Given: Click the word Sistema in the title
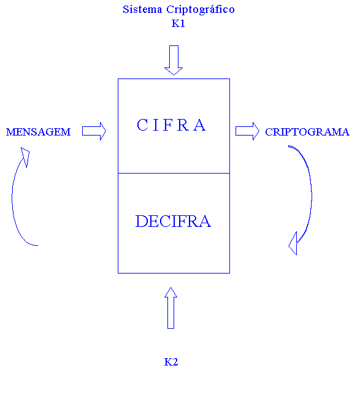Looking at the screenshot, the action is (x=142, y=10).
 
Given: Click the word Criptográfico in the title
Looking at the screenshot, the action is (x=201, y=10).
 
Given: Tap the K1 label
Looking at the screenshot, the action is (x=178, y=23).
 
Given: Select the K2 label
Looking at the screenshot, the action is (x=171, y=362).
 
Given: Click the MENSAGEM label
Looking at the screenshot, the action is (x=39, y=132).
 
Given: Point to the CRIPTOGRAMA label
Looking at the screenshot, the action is (x=307, y=132).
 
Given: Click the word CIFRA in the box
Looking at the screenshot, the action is (x=171, y=125).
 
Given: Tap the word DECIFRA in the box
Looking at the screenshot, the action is (x=173, y=221).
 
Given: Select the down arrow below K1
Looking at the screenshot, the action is (x=174, y=60).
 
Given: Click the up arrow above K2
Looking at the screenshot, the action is (x=170, y=308).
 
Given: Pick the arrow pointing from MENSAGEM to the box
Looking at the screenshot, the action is (x=94, y=131).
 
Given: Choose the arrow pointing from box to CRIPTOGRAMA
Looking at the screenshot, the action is (x=247, y=131).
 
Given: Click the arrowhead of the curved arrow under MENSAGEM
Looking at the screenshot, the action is (x=25, y=156).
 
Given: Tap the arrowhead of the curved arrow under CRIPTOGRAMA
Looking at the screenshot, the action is (x=294, y=244).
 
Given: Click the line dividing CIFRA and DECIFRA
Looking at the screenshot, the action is (x=174, y=173).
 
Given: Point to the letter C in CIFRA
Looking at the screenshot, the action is (x=142, y=125).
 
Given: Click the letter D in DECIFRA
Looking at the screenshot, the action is (x=142, y=221).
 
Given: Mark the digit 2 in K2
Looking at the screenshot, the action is (x=175, y=362).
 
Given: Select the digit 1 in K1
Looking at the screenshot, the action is (x=182, y=23).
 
